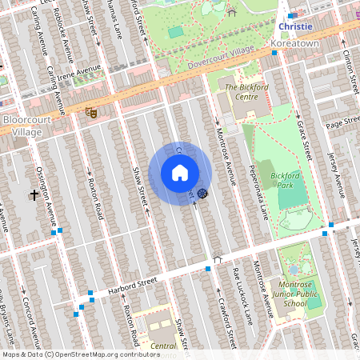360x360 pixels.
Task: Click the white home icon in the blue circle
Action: tap(180, 173)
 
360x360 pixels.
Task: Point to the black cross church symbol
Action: tap(35, 194)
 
